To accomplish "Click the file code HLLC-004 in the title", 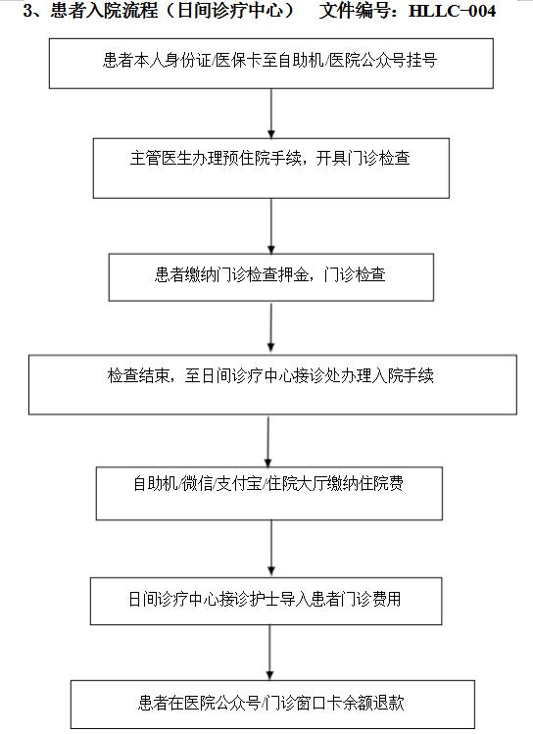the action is point(452,11).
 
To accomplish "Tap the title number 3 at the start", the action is point(28,11).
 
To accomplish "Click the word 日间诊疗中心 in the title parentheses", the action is point(230,11).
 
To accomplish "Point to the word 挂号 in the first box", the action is point(421,61).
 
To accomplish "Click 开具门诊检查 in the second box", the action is point(363,158).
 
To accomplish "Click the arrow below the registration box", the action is point(271,114).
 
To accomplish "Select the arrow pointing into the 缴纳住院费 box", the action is point(268,441).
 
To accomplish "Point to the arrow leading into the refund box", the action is point(270,652).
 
